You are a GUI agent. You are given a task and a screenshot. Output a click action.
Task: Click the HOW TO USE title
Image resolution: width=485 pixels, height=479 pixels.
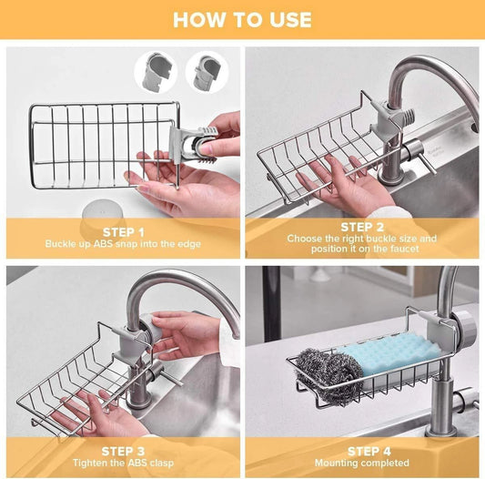242,19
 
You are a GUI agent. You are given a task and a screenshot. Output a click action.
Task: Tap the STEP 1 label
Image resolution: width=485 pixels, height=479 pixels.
124,231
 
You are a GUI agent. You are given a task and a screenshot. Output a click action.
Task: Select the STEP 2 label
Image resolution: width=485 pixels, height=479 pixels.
362,226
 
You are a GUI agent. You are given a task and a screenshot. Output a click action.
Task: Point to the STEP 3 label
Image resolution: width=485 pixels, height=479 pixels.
124,450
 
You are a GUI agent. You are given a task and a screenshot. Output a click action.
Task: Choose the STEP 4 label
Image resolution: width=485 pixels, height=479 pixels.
362,450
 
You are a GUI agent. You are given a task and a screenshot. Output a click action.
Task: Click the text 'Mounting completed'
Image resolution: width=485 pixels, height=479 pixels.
362,463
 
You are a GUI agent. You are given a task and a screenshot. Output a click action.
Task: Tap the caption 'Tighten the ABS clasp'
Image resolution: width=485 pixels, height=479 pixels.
124,463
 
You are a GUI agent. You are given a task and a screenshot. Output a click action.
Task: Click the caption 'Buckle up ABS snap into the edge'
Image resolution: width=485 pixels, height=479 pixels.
124,244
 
